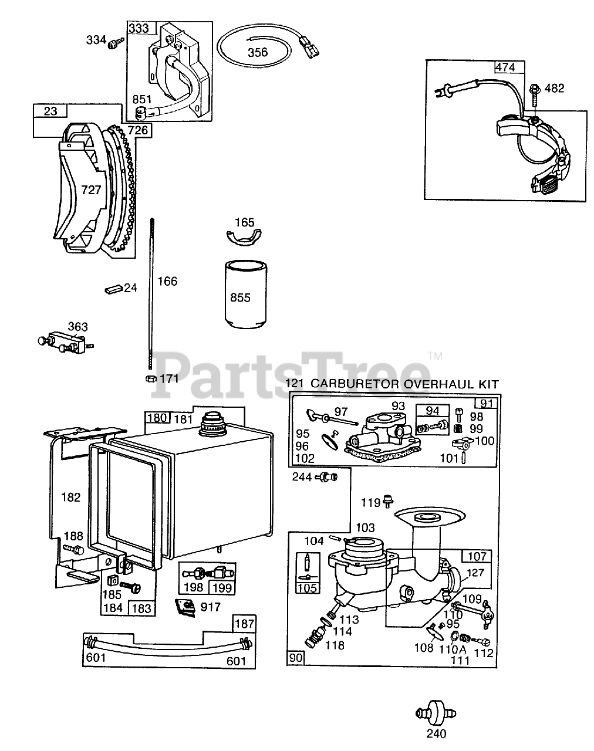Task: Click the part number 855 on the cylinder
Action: pos(240,297)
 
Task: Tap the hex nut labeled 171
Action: pos(150,378)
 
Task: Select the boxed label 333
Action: pos(139,28)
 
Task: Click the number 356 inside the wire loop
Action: pos(257,52)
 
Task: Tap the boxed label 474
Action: pos(505,67)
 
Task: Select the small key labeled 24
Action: pos(113,289)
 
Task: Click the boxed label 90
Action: pos(295,658)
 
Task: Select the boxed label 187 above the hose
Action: pos(244,623)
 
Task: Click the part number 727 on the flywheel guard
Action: pos(91,190)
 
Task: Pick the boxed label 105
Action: pos(308,588)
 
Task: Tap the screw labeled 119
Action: pos(387,502)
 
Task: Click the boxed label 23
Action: pos(50,110)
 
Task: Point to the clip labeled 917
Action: pos(187,606)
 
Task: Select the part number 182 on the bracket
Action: pos(70,497)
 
